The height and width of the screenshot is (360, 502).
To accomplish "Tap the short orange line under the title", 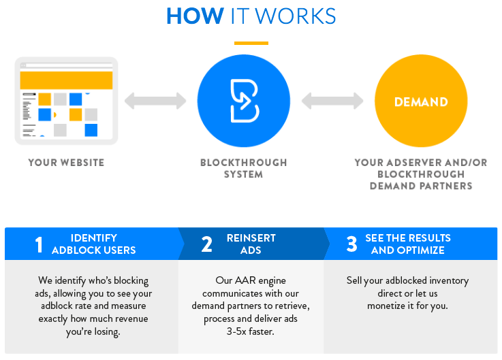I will [251, 43].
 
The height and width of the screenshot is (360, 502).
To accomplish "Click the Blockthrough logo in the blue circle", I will [244, 101].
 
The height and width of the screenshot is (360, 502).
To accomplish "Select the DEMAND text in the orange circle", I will [421, 102].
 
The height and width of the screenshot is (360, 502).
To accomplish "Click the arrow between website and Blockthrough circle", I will [155, 101].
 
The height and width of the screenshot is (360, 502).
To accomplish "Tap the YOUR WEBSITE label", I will [66, 163].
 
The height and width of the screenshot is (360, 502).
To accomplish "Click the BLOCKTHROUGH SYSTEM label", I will [244, 168].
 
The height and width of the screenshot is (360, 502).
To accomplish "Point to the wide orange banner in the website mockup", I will [66, 80].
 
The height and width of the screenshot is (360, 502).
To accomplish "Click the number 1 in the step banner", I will [39, 244].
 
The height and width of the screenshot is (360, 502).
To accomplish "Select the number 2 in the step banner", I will [206, 244].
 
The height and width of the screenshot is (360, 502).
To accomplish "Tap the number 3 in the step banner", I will [351, 244].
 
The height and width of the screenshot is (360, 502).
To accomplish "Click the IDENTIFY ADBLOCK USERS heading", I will [94, 244].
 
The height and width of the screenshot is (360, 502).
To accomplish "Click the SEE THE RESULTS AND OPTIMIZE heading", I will [408, 244].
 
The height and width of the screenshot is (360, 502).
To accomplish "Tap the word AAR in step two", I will [236, 280].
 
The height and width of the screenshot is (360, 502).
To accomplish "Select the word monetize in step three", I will [388, 306].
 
